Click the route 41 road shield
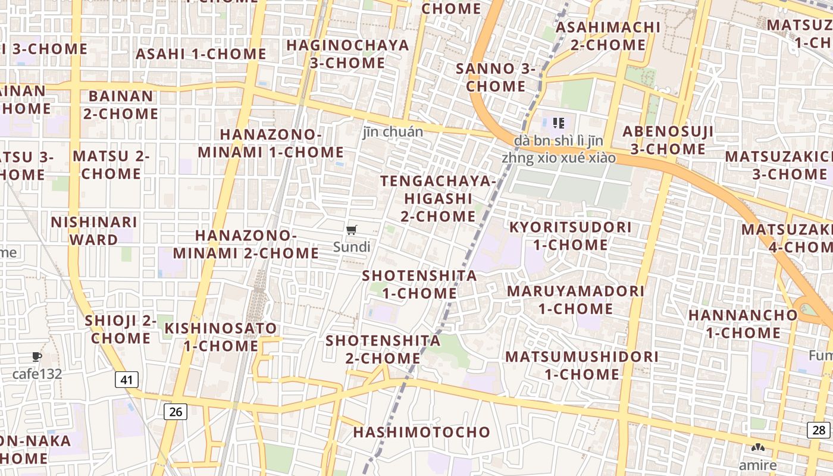click(126, 380)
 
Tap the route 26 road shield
click(175, 411)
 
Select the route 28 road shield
click(819, 430)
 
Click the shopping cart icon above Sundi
click(352, 230)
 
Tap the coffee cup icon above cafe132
click(37, 357)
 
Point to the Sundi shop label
click(352, 247)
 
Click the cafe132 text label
click(37, 374)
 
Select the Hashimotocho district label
click(422, 433)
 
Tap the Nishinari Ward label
click(94, 231)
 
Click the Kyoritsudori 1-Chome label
click(570, 236)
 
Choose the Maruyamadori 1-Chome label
click(575, 300)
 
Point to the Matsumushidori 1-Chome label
click(582, 365)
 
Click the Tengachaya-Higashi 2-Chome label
click(438, 199)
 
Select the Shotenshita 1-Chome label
click(419, 284)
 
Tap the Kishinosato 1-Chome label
click(221, 337)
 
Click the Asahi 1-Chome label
click(201, 54)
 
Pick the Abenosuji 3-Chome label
click(668, 140)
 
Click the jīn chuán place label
click(393, 132)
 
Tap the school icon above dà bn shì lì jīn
click(558, 123)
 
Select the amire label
click(757, 465)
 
